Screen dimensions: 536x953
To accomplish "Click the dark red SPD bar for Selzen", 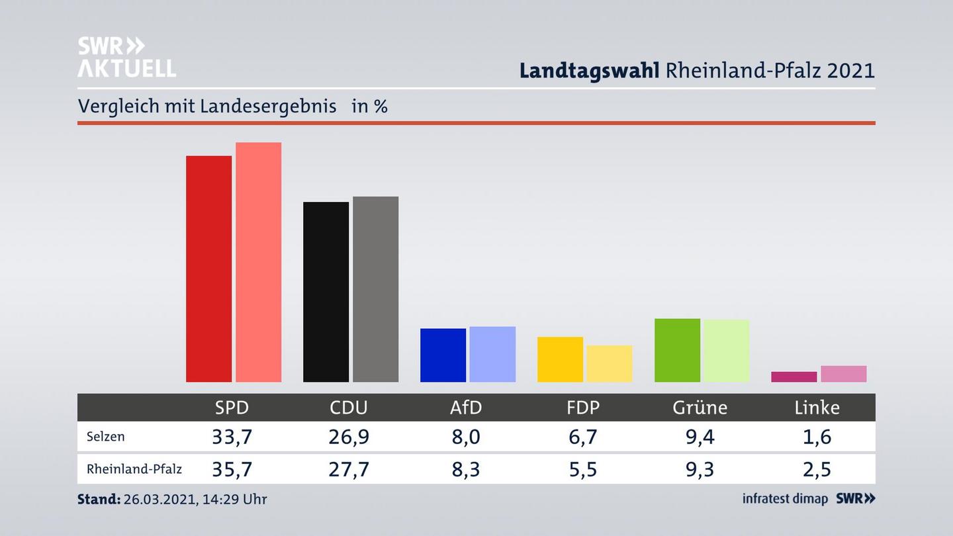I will (x=208, y=269).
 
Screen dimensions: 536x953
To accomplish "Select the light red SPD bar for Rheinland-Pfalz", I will (x=258, y=262).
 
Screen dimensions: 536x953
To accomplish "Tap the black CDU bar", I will (x=326, y=292).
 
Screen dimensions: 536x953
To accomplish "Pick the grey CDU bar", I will (x=375, y=289).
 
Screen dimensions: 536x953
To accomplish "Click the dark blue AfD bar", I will (x=443, y=355).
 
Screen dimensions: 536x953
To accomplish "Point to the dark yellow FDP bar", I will (x=560, y=359).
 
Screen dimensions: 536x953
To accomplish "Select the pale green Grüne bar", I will (x=726, y=351).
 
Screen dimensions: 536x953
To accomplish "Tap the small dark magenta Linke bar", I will (x=794, y=377).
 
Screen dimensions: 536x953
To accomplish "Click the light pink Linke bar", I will (x=843, y=374).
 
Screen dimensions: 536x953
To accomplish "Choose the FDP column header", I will (x=583, y=408).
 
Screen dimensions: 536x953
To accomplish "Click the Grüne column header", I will (x=700, y=408).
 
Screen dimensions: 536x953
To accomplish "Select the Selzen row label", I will (x=105, y=437).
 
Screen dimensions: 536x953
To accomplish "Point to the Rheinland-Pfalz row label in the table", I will (x=134, y=469).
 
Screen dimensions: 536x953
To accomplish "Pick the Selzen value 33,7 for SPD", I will (x=232, y=437).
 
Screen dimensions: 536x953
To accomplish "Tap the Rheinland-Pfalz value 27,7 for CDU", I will (x=349, y=469).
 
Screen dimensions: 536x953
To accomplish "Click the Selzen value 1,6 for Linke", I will (x=817, y=437).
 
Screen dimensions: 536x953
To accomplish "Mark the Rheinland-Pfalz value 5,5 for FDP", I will (x=583, y=469).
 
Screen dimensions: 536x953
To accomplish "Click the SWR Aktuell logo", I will (x=126, y=57).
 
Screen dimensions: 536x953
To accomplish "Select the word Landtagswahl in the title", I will (x=588, y=70).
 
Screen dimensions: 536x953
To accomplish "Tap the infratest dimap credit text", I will (x=785, y=499).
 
